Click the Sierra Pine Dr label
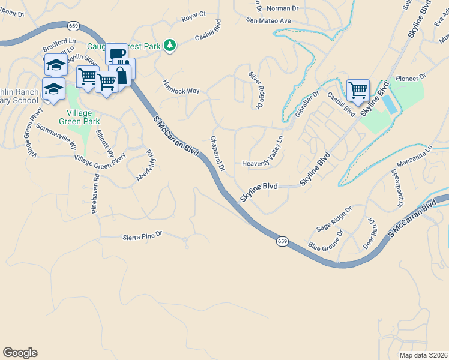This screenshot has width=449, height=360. tap(142, 236)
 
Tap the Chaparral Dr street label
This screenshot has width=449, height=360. tap(217, 154)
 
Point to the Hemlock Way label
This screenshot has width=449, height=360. tap(181, 87)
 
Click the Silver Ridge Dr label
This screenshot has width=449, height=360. tap(256, 90)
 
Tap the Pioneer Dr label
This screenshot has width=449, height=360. tap(411, 77)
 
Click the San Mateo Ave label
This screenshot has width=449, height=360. tap(268, 20)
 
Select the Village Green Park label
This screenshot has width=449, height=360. tap(84, 117)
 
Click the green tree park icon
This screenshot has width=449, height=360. tap(170, 45)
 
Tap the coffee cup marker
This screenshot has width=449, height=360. tap(117, 53)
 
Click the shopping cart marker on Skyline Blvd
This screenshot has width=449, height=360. tap(358, 91)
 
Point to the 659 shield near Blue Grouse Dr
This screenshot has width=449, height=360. tap(282, 241)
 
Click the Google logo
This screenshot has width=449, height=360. tap(20, 353)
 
